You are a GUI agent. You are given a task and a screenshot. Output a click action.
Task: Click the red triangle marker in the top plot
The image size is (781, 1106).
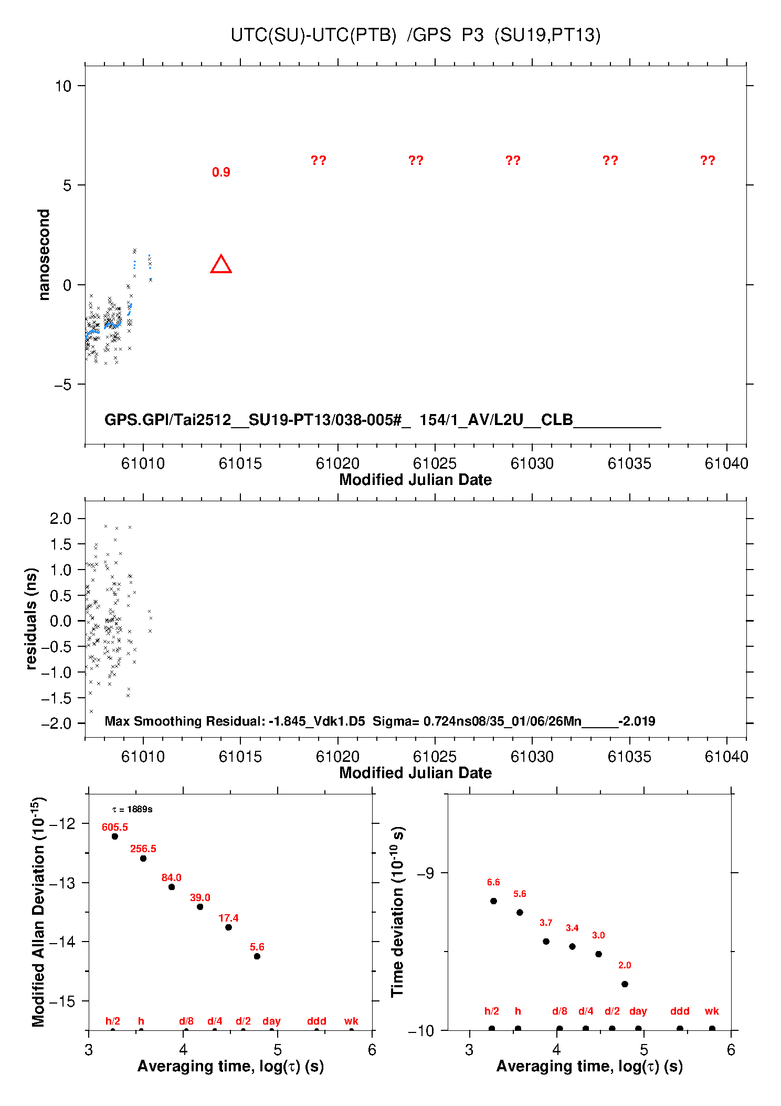(221, 265)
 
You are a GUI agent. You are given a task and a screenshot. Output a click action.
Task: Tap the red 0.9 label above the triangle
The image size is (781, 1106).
(221, 172)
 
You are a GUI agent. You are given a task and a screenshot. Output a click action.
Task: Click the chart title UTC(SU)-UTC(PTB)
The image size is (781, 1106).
(313, 35)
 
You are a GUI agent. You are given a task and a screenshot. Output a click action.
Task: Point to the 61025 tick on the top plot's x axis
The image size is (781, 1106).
(435, 463)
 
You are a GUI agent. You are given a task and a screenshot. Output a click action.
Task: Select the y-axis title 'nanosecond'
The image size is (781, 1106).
(44, 255)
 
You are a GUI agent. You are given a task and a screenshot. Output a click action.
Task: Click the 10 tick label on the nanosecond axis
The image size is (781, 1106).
(63, 86)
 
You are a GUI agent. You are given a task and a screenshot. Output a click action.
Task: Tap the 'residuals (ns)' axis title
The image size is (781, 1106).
(31, 618)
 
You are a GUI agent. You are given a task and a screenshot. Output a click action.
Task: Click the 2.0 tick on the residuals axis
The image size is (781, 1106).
(60, 519)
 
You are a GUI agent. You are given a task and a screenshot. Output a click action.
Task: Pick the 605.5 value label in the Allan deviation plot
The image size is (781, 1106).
(115, 828)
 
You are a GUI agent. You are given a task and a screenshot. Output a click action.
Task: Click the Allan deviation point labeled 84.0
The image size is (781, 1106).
(172, 887)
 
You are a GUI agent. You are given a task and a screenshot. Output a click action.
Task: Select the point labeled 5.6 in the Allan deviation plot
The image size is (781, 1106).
(257, 956)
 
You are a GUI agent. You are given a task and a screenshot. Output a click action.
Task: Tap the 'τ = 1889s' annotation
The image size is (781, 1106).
(132, 810)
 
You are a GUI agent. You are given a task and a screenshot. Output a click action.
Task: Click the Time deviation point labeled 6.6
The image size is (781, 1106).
(493, 901)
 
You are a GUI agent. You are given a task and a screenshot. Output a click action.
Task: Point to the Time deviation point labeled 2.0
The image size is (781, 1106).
(625, 984)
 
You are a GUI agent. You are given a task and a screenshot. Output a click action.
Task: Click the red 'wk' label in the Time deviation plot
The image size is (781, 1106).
(712, 1011)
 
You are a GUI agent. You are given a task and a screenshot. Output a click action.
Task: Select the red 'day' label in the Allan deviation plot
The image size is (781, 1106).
(271, 1021)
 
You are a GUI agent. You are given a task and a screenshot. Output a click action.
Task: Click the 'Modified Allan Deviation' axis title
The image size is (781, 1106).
(38, 912)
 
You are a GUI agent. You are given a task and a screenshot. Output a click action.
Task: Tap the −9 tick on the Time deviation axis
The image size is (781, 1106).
(425, 873)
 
